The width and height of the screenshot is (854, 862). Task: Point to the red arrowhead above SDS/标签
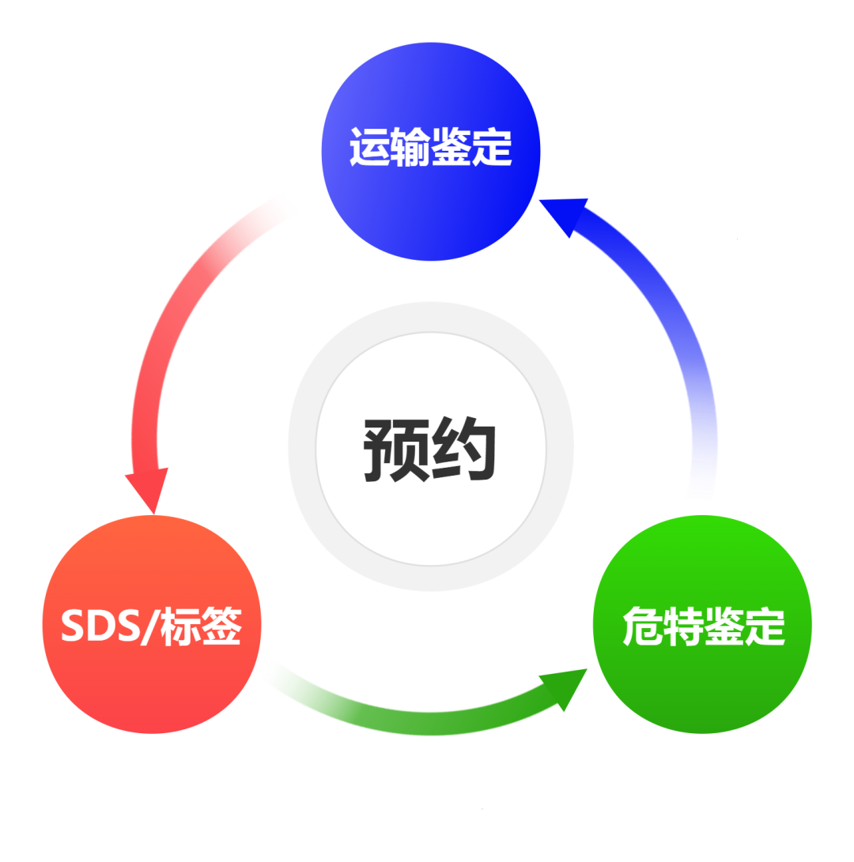point(149,490)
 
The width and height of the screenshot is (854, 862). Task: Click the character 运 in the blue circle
point(369,147)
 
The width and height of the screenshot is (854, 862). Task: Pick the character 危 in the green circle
point(642,627)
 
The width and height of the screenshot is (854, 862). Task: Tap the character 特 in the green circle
point(682,627)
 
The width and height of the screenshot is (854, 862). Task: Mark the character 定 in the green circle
point(765,627)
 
